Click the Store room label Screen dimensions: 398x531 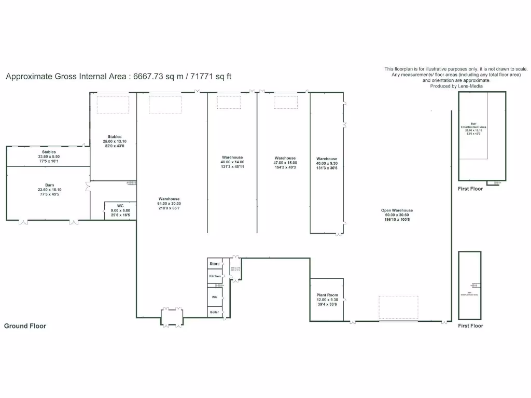[x=214, y=264]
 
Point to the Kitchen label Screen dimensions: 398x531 [x=215, y=276]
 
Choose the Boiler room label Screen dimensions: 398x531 [x=214, y=312]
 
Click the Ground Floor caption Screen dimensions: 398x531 [x=25, y=326]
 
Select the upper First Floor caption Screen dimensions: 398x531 [x=470, y=189]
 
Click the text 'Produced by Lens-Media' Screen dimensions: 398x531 [x=456, y=86]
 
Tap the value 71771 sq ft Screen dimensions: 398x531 [x=211, y=77]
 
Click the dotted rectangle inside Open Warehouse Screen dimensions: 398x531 [x=398, y=308]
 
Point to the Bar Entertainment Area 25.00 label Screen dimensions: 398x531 [x=473, y=129]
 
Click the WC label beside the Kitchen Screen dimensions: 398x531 [x=214, y=297]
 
